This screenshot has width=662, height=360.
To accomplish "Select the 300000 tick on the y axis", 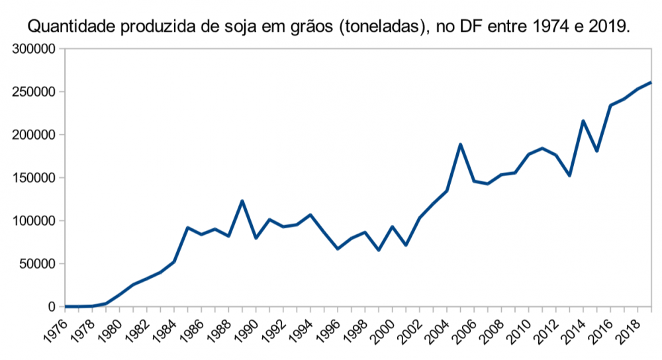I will (x=34, y=49).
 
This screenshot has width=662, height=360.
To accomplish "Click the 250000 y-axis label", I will (x=34, y=92).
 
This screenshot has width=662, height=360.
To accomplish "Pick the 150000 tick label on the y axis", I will (x=34, y=178).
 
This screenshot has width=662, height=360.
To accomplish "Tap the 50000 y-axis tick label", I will (x=37, y=264).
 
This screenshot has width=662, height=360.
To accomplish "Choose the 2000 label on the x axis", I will (x=383, y=329).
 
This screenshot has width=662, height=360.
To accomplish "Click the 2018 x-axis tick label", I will (x=629, y=329).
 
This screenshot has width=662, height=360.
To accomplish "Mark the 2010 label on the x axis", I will (x=520, y=329).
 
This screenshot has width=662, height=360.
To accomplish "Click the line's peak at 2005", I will (x=460, y=144).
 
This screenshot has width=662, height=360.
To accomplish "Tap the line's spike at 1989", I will (x=242, y=201).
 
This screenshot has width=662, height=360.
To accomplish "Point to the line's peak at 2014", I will (x=583, y=121).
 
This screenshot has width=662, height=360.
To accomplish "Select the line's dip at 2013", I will (x=569, y=175).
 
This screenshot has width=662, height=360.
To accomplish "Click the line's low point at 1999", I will (x=379, y=250).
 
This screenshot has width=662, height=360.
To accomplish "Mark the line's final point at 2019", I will (x=651, y=83).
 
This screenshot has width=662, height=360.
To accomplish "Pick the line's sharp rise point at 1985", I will (x=188, y=228).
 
